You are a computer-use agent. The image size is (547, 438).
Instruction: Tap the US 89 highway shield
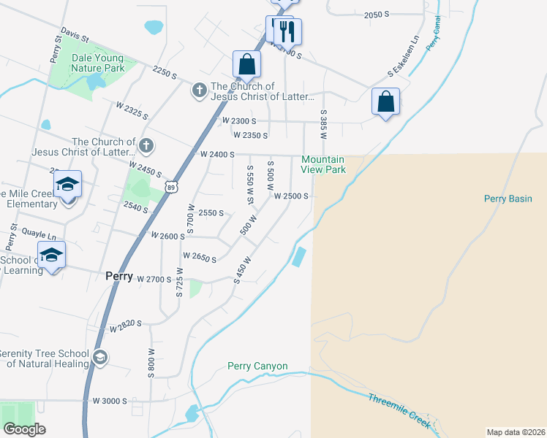(170, 187)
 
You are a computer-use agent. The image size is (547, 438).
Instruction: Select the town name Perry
(118, 277)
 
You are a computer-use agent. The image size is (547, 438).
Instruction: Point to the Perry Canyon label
(257, 366)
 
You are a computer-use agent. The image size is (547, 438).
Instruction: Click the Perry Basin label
(508, 199)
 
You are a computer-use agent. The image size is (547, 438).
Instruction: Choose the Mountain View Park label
(322, 165)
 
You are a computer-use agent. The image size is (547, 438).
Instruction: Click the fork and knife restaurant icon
(287, 31)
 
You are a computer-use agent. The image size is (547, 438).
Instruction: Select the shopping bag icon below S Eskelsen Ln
(385, 101)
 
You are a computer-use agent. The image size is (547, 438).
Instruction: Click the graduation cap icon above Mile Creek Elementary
(67, 185)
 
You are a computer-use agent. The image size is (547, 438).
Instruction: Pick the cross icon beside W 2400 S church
(146, 145)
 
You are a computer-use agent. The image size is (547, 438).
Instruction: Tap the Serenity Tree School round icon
(99, 357)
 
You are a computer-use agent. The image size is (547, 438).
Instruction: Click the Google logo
(24, 429)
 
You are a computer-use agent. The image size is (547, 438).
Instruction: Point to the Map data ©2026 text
(516, 431)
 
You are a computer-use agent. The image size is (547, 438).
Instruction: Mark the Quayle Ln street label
(39, 236)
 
